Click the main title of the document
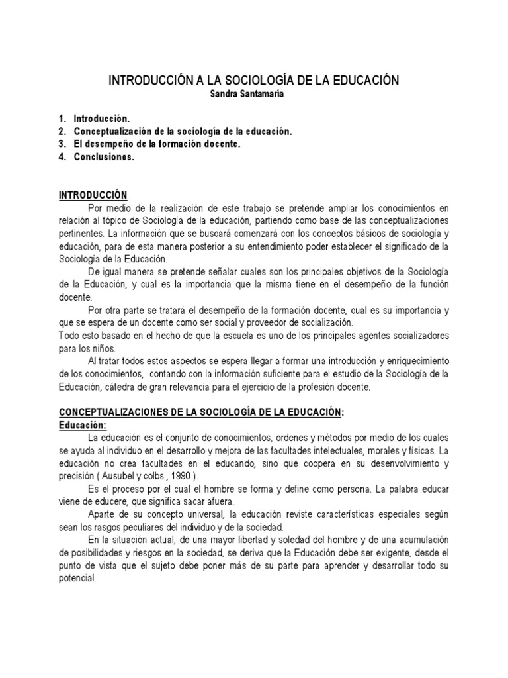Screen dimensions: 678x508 254,81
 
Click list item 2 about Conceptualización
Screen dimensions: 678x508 182,132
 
